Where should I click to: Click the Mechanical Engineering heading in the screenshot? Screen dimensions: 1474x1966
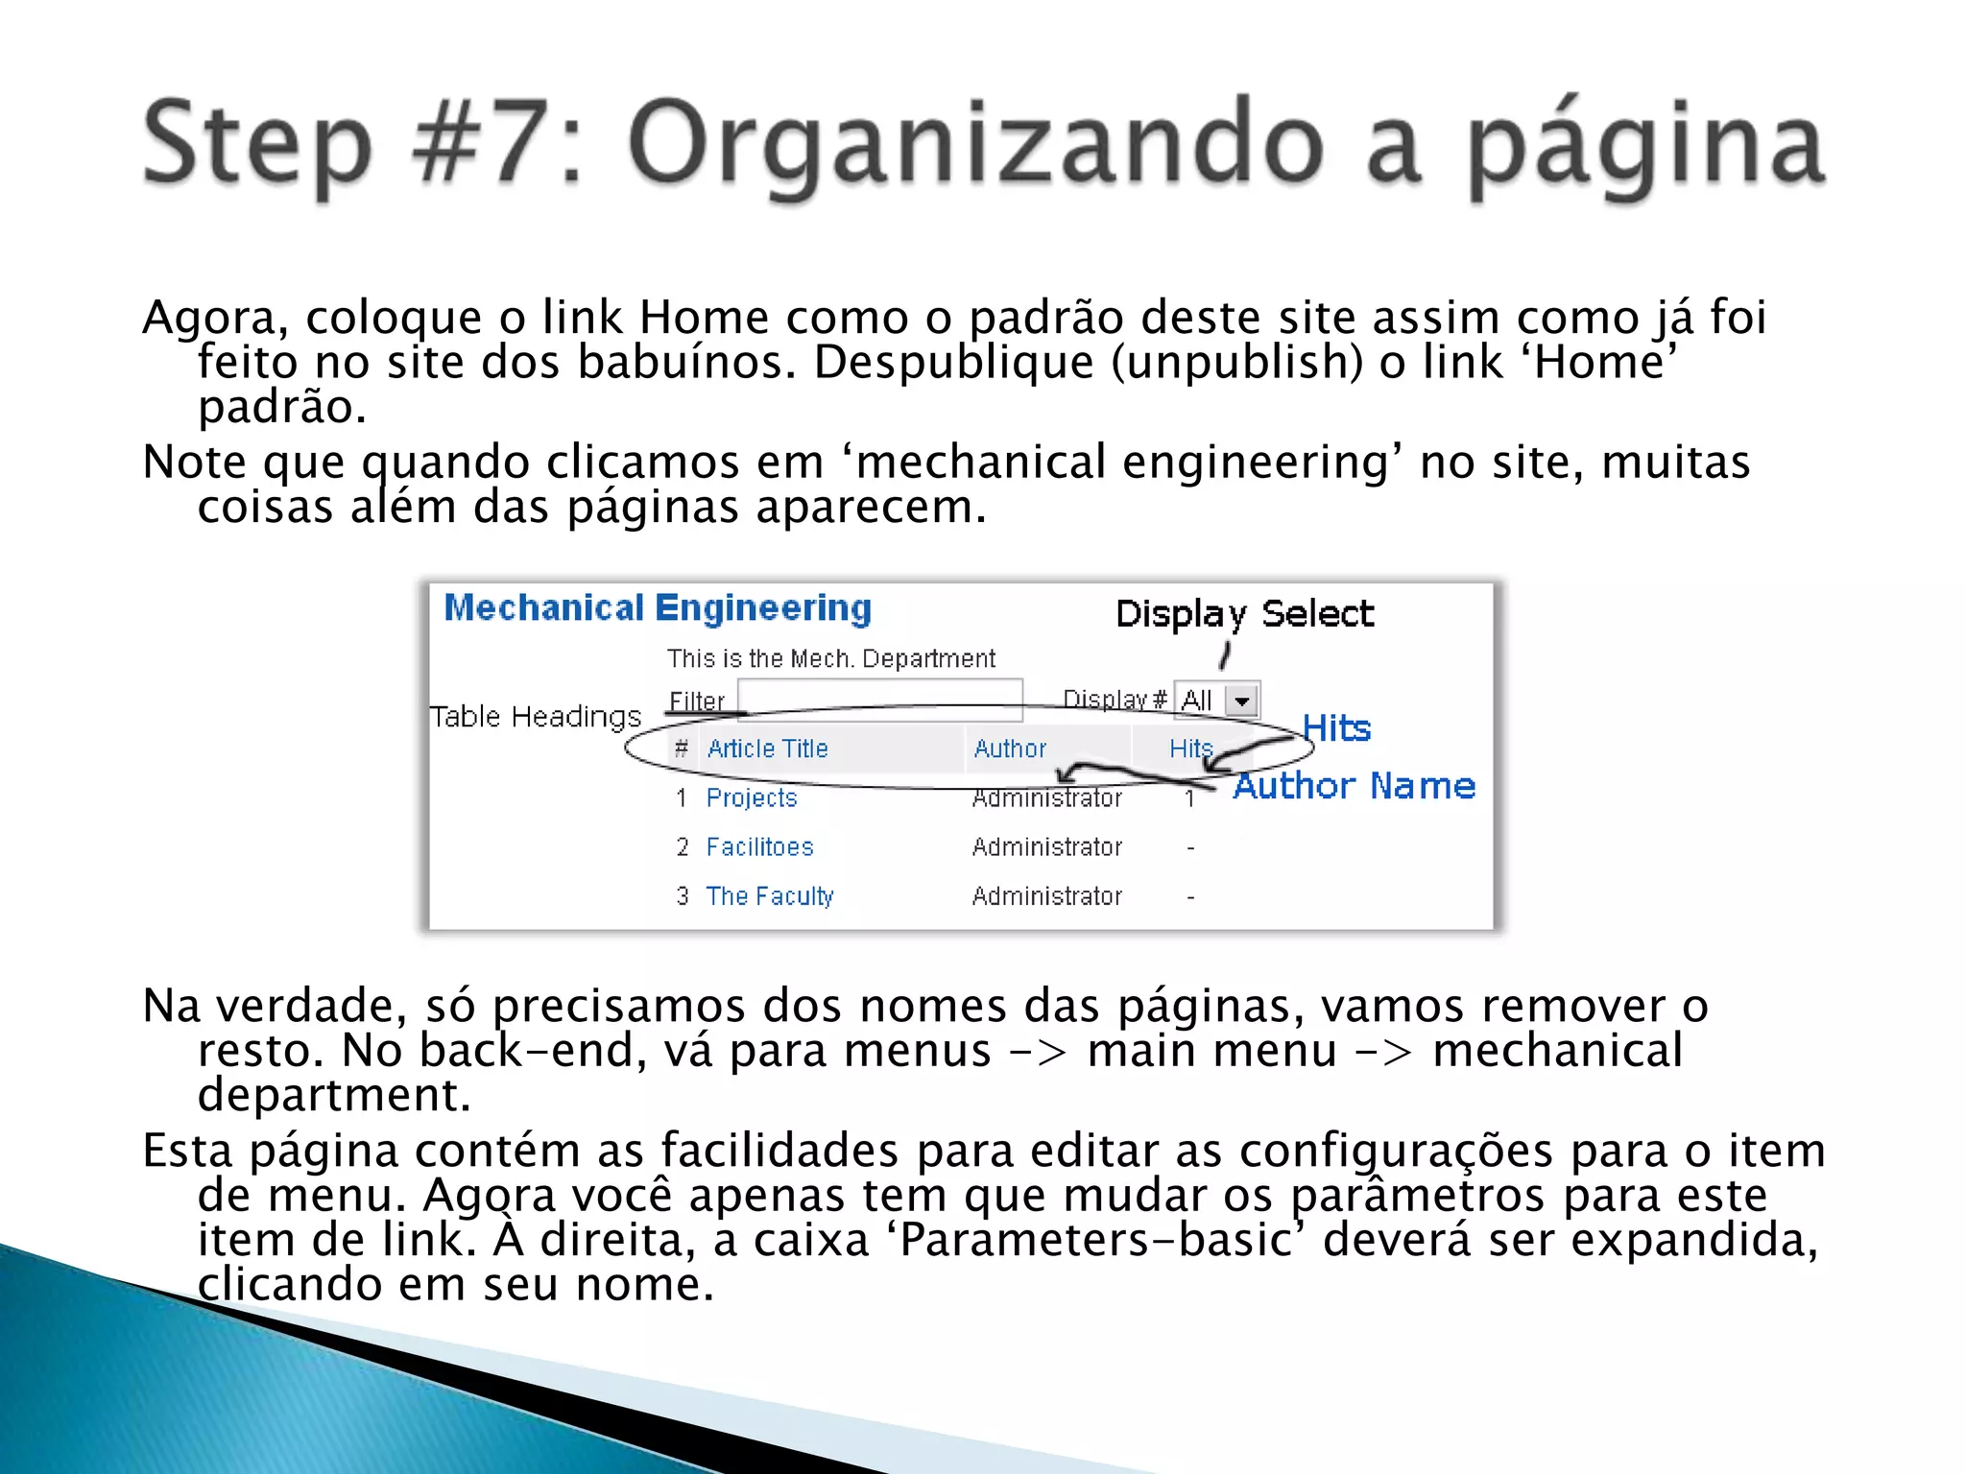coord(658,608)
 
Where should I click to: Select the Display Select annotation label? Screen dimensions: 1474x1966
coord(1244,614)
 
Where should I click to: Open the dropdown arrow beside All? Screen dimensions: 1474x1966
coord(1242,701)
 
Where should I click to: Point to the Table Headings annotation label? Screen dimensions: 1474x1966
coord(535,717)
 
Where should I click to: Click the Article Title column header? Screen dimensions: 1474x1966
coord(767,749)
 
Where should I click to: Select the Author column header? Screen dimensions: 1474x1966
coord(1010,749)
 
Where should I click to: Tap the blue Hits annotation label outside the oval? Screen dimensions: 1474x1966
coord(1336,728)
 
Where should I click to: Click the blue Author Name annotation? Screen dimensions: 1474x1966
coord(1354,786)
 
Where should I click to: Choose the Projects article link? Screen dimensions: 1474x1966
coord(752,798)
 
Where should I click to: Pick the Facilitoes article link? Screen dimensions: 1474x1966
coord(759,847)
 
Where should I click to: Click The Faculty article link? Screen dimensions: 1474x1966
coord(770,896)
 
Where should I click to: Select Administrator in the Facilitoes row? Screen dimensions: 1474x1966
coord(1046,847)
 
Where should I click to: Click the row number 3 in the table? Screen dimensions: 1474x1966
coord(683,896)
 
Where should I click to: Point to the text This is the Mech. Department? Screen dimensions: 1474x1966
coord(831,659)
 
